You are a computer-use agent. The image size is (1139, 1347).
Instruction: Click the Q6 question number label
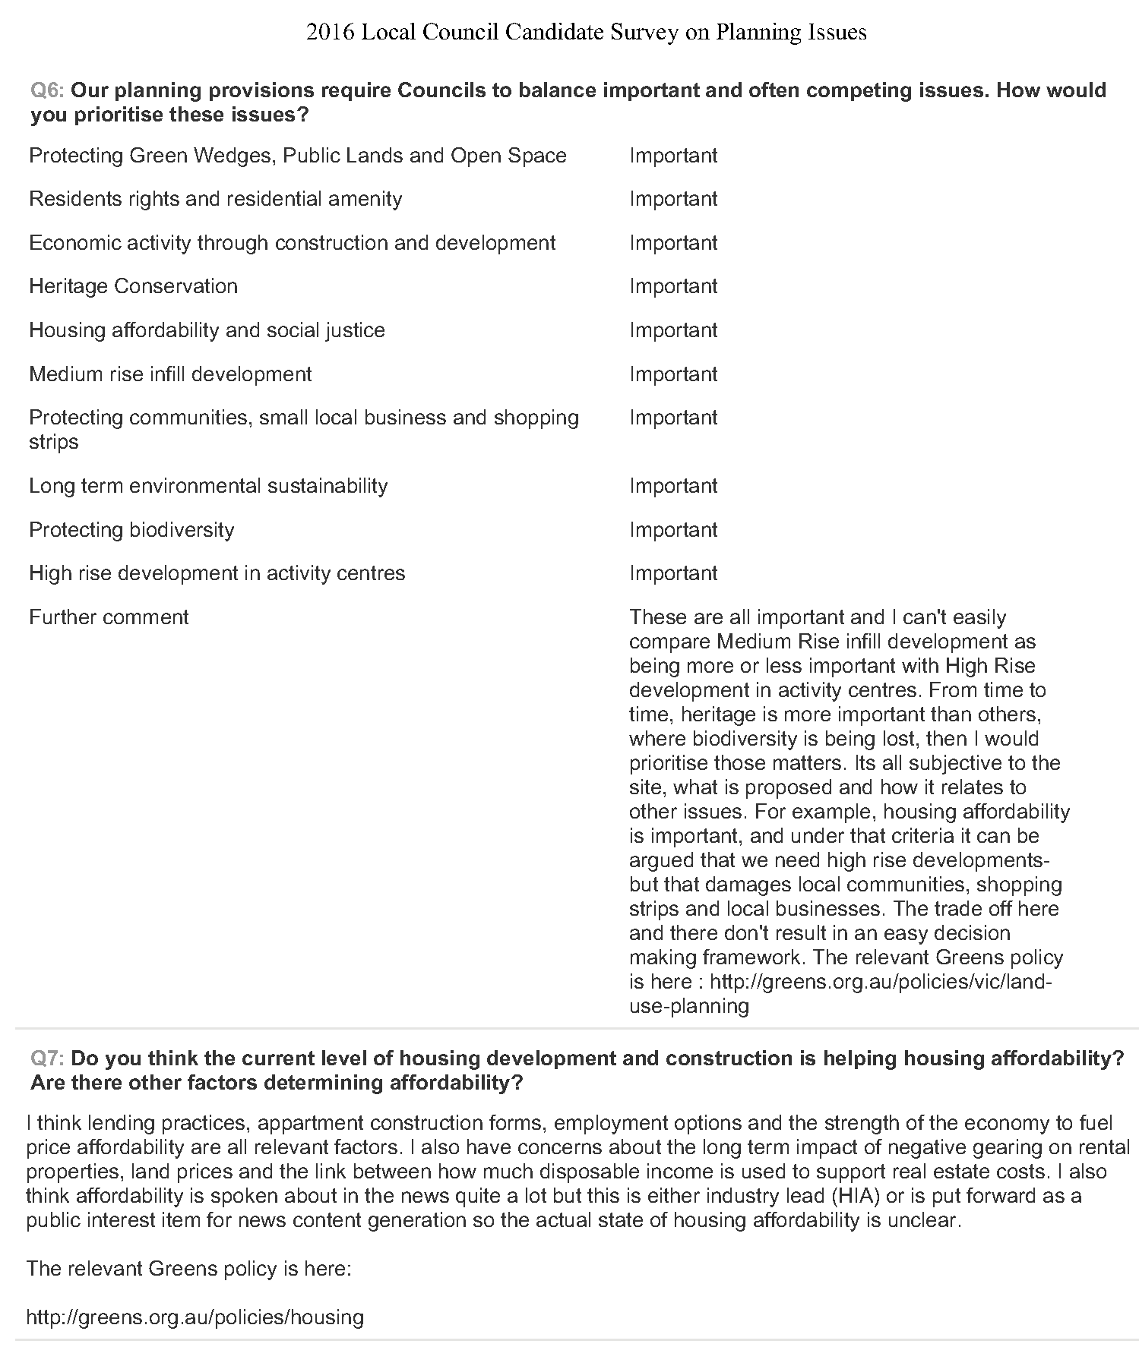[48, 90]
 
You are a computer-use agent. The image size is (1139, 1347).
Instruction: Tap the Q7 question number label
[48, 1058]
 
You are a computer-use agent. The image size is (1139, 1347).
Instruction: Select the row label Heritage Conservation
[133, 286]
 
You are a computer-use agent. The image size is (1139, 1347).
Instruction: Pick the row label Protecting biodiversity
[131, 530]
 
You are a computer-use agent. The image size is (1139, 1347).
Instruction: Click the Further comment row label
[109, 617]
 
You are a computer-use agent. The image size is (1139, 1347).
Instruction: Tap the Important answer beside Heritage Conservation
[673, 286]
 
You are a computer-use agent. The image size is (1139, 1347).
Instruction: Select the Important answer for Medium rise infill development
[673, 374]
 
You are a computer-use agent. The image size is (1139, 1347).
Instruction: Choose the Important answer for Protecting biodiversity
[673, 530]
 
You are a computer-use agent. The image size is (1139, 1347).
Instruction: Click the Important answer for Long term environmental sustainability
[673, 486]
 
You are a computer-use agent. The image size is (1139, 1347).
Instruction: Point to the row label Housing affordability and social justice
[207, 330]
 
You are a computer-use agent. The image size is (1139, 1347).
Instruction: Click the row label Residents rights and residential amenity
[215, 199]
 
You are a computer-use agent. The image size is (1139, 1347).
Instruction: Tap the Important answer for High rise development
[673, 573]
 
